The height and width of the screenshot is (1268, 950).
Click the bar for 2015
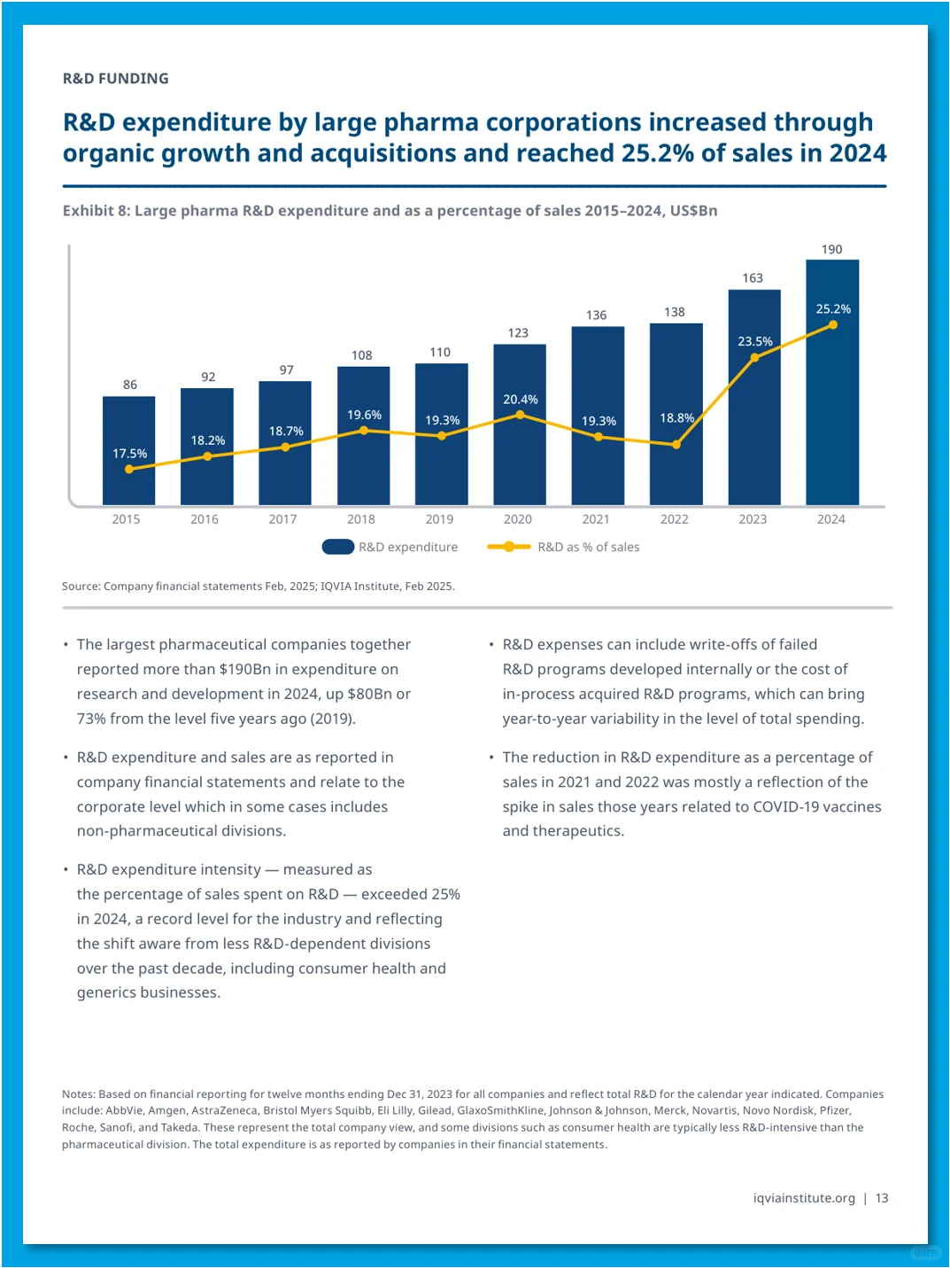click(x=128, y=451)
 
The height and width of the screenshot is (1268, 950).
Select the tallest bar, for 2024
click(x=832, y=383)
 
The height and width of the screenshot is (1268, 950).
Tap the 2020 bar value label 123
click(x=518, y=333)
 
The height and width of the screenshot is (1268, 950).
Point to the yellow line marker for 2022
click(x=676, y=445)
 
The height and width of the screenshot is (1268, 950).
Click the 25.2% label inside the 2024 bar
click(x=833, y=309)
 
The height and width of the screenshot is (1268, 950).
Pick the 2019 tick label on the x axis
click(x=439, y=519)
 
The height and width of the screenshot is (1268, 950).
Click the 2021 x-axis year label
click(x=596, y=519)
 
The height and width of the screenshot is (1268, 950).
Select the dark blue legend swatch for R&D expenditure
click(x=338, y=547)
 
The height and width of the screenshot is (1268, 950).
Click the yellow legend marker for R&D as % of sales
click(x=508, y=547)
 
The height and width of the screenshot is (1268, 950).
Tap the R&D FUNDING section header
click(x=115, y=79)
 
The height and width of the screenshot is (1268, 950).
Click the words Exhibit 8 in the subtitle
click(x=97, y=211)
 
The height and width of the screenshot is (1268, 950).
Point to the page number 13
click(x=881, y=1197)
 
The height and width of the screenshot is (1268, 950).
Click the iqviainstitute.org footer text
click(x=804, y=1198)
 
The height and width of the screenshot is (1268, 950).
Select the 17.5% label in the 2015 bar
click(x=129, y=454)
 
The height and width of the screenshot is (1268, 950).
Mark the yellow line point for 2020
click(x=520, y=415)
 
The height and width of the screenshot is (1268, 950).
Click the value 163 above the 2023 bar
click(x=753, y=278)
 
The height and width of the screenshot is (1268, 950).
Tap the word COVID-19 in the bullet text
click(x=785, y=806)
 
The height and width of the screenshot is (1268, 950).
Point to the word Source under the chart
click(x=81, y=586)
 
